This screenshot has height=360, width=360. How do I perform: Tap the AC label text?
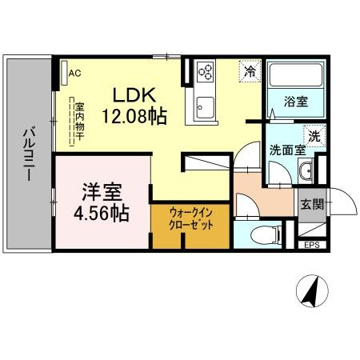(75, 73)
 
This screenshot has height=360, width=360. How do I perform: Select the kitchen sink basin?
(205, 109)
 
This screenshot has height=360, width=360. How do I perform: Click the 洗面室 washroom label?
(285, 149)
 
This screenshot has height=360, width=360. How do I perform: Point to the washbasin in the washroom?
(306, 171)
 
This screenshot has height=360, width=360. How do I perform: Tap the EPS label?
(311, 245)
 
